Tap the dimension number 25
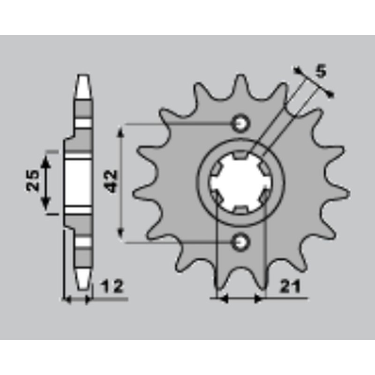(33, 180)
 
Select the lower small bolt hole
(241, 242)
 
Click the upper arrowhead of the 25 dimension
(45, 162)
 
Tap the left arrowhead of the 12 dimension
(67, 299)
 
